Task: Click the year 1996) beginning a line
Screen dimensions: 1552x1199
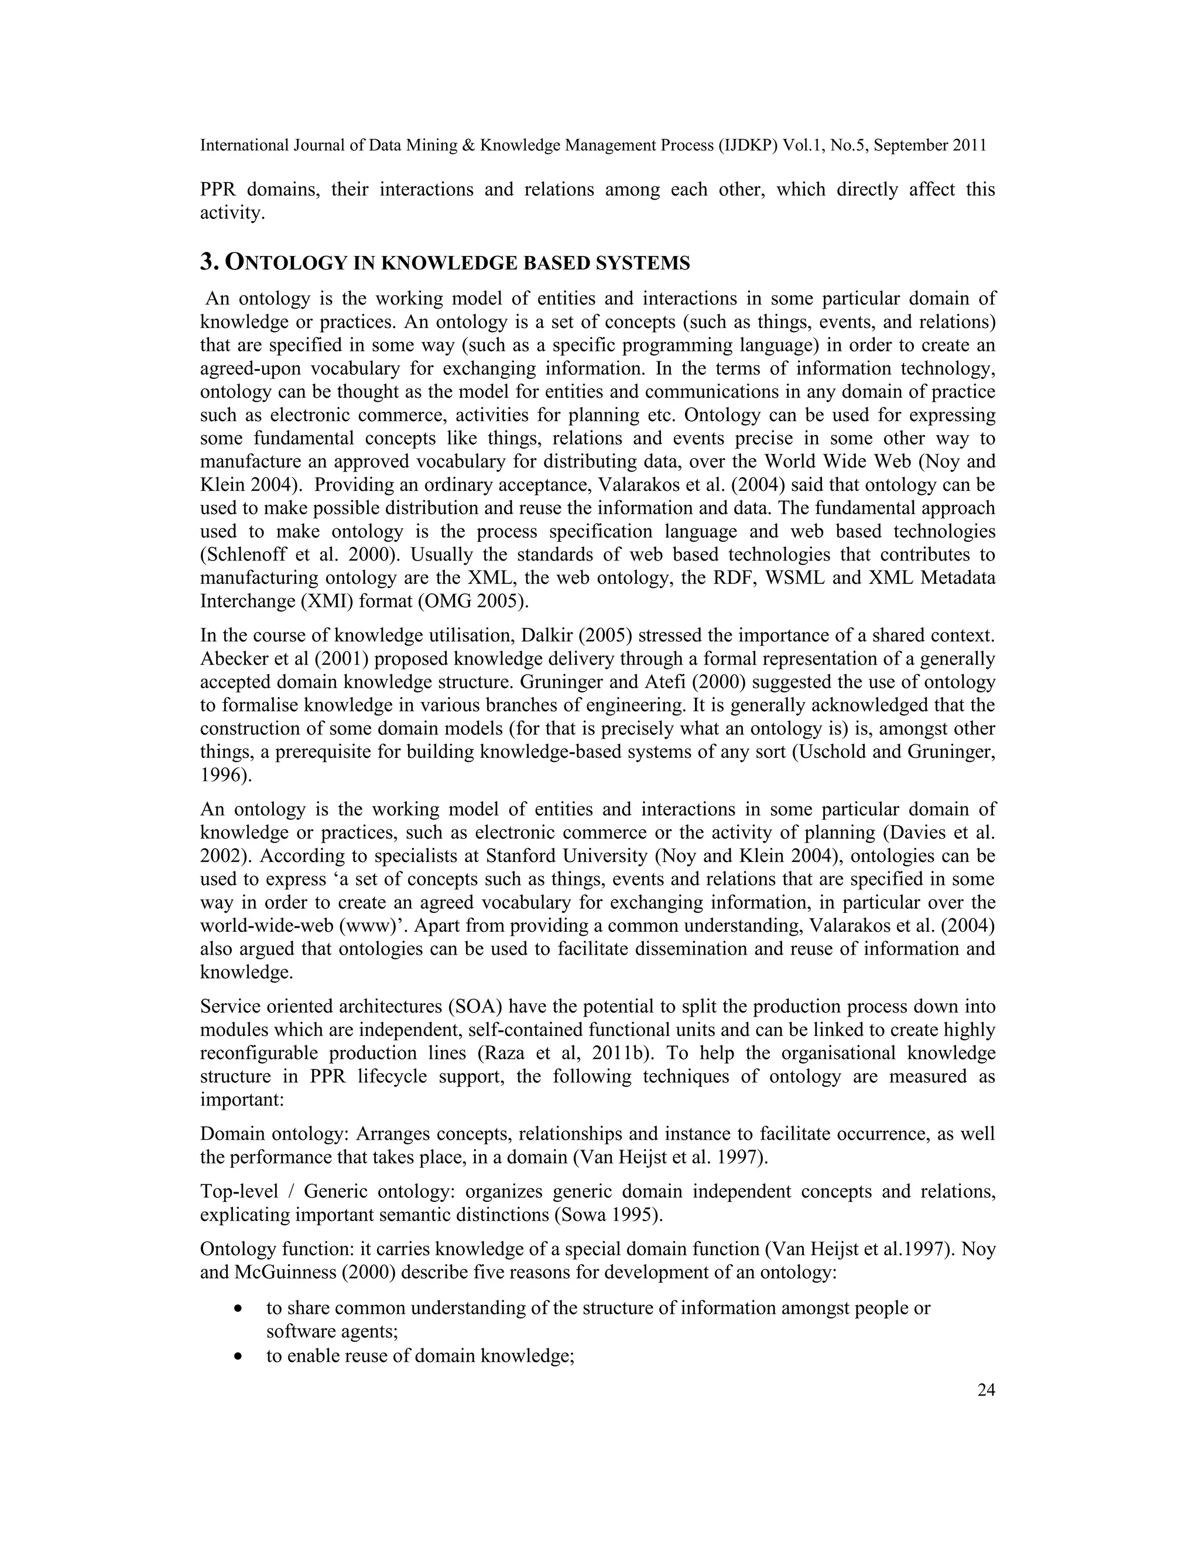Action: pos(226,775)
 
